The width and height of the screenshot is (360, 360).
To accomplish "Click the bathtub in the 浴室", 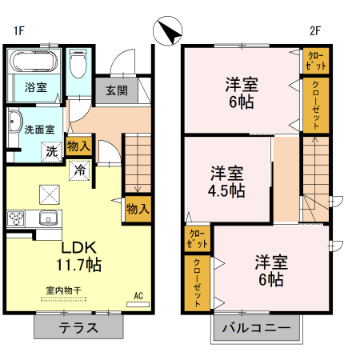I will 34,63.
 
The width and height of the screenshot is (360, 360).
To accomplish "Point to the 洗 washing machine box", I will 50,150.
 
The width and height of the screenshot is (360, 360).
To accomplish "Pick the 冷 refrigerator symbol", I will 80,170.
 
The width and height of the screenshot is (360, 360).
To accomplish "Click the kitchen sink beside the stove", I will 45,218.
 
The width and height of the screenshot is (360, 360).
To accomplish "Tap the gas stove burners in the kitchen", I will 17,218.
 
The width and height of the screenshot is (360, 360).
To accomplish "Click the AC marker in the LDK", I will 138,296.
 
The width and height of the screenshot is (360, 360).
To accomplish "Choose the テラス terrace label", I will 78,327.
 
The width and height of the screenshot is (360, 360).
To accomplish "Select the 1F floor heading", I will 18,31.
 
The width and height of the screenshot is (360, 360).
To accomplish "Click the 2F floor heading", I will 316,31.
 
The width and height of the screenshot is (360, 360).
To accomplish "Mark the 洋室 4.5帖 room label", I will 228,182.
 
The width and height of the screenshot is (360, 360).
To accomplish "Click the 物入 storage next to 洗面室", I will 78,146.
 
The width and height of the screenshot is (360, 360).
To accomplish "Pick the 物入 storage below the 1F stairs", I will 137,209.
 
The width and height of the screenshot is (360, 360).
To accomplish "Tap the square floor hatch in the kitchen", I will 50,194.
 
